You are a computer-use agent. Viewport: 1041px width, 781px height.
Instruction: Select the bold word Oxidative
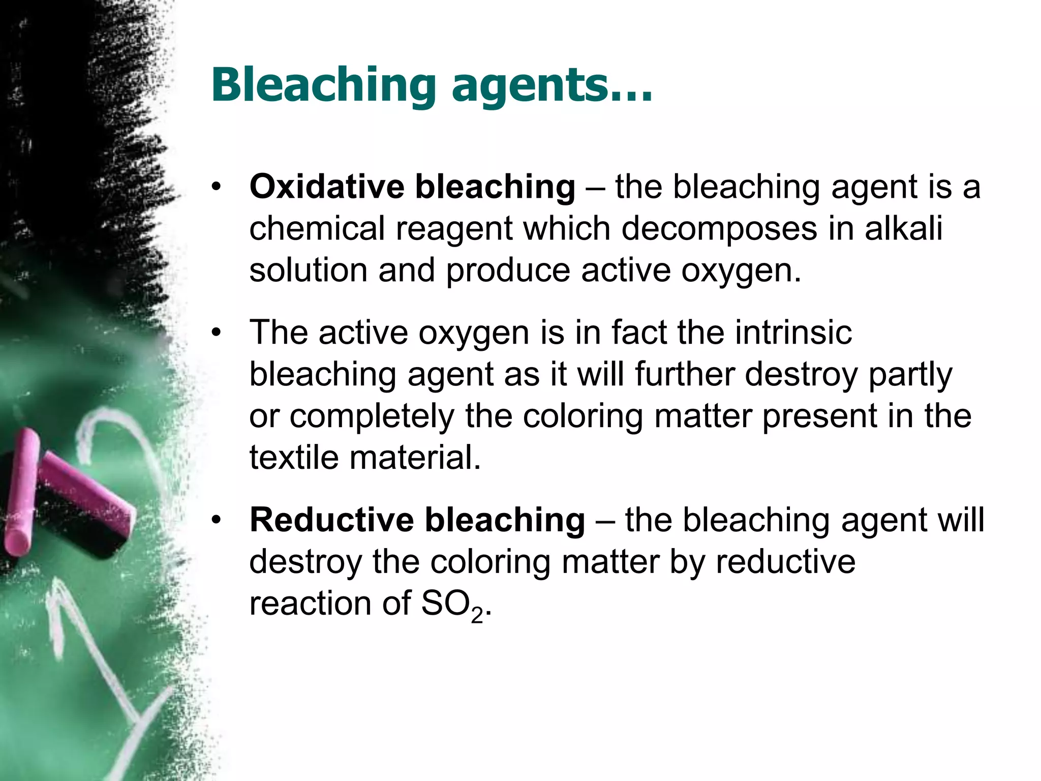pos(326,187)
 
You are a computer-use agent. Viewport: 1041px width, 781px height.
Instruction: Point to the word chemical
pos(317,228)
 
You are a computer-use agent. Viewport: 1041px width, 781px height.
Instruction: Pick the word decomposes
pos(719,229)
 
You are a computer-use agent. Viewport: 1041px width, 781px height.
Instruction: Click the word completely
pos(372,417)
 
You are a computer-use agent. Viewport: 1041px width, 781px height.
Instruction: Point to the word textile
pos(293,457)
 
